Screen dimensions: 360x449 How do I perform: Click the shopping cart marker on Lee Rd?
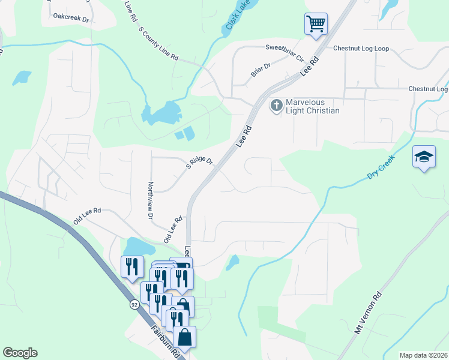click(x=316, y=25)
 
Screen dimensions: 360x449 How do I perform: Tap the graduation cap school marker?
click(x=424, y=157)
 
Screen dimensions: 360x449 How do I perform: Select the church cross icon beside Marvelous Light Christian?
click(x=277, y=106)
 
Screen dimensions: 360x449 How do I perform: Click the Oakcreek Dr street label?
click(x=71, y=19)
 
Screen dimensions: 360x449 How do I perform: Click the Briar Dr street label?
click(x=261, y=70)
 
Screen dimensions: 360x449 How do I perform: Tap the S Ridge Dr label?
click(x=199, y=163)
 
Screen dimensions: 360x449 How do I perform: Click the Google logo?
click(x=20, y=353)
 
